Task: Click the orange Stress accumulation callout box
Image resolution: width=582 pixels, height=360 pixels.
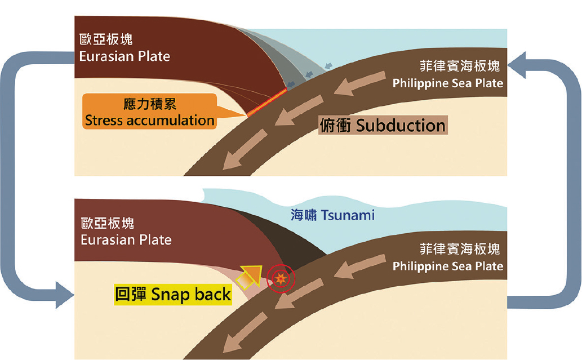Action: [149, 112]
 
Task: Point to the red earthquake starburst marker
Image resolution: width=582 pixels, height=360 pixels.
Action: [281, 278]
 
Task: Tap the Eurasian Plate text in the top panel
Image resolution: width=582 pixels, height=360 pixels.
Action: [125, 56]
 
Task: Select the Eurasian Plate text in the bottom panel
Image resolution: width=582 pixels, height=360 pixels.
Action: [126, 240]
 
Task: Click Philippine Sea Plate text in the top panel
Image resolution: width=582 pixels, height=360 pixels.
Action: [448, 83]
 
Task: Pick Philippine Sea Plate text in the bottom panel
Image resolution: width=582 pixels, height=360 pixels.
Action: [448, 266]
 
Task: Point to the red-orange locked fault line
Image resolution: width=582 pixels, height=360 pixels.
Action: [267, 103]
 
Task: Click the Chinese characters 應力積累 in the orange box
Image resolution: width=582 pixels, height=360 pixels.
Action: [150, 104]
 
